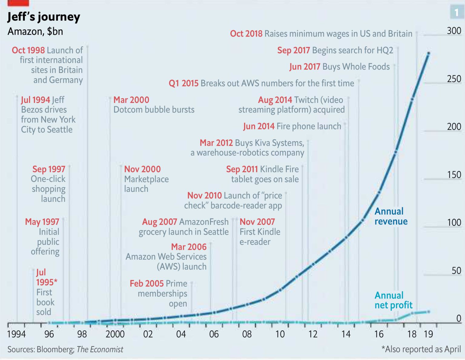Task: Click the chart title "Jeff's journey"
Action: pyautogui.click(x=44, y=17)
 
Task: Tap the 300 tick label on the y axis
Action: pyautogui.click(x=454, y=31)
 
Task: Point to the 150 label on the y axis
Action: pyautogui.click(x=454, y=175)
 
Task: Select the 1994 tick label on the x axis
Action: pyautogui.click(x=16, y=334)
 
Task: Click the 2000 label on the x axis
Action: pyautogui.click(x=115, y=334)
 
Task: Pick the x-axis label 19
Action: pyautogui.click(x=428, y=334)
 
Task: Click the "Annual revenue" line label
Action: pyautogui.click(x=391, y=216)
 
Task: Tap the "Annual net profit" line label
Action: pyautogui.click(x=393, y=300)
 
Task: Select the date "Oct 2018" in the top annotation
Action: pyautogui.click(x=246, y=34)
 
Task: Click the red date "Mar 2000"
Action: pyautogui.click(x=131, y=100)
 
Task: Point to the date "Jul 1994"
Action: pyautogui.click(x=35, y=100)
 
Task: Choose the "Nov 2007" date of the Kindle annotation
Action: pyautogui.click(x=257, y=222)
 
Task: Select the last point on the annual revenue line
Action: pyautogui.click(x=428, y=54)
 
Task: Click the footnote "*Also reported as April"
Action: pyautogui.click(x=421, y=349)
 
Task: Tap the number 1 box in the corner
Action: pyautogui.click(x=457, y=12)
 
